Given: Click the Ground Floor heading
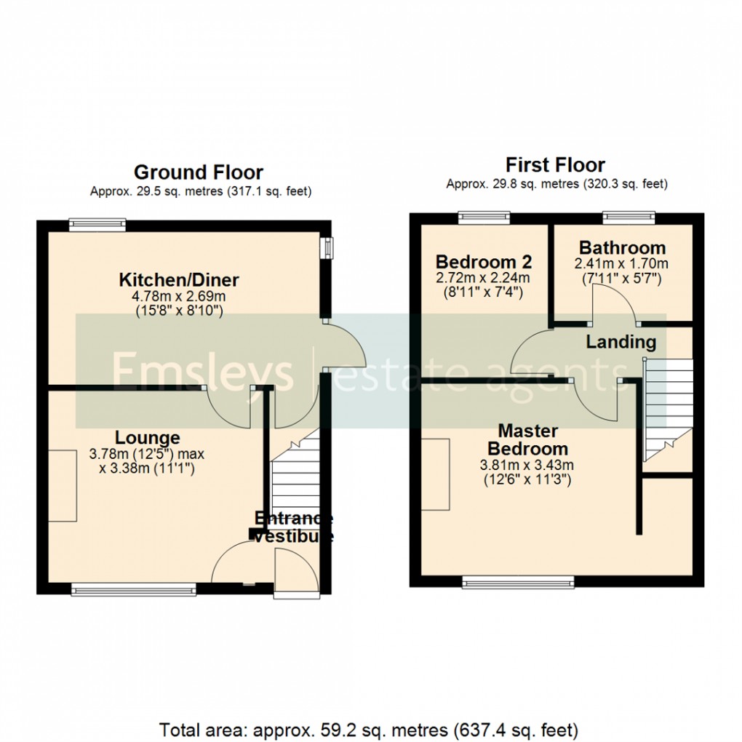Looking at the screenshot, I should (198, 172).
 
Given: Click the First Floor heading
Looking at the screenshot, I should (556, 164).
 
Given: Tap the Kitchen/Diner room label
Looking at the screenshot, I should (179, 280).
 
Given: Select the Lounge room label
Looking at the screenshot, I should (147, 438).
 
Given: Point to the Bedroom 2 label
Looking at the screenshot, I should (483, 262).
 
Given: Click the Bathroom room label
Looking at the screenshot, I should (621, 248).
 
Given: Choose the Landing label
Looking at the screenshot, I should (621, 342).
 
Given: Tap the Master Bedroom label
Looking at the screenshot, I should (527, 439).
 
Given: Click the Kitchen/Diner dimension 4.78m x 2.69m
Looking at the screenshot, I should (179, 296).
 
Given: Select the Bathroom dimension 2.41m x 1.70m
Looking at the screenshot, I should (621, 263).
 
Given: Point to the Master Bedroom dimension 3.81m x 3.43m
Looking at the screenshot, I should (527, 465).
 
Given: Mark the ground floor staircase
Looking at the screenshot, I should (295, 480).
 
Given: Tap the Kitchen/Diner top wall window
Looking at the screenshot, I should (97, 226).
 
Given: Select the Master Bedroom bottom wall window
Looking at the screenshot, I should (518, 581).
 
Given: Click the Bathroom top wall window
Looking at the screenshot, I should (629, 217).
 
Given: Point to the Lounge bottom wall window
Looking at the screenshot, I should (133, 589).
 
